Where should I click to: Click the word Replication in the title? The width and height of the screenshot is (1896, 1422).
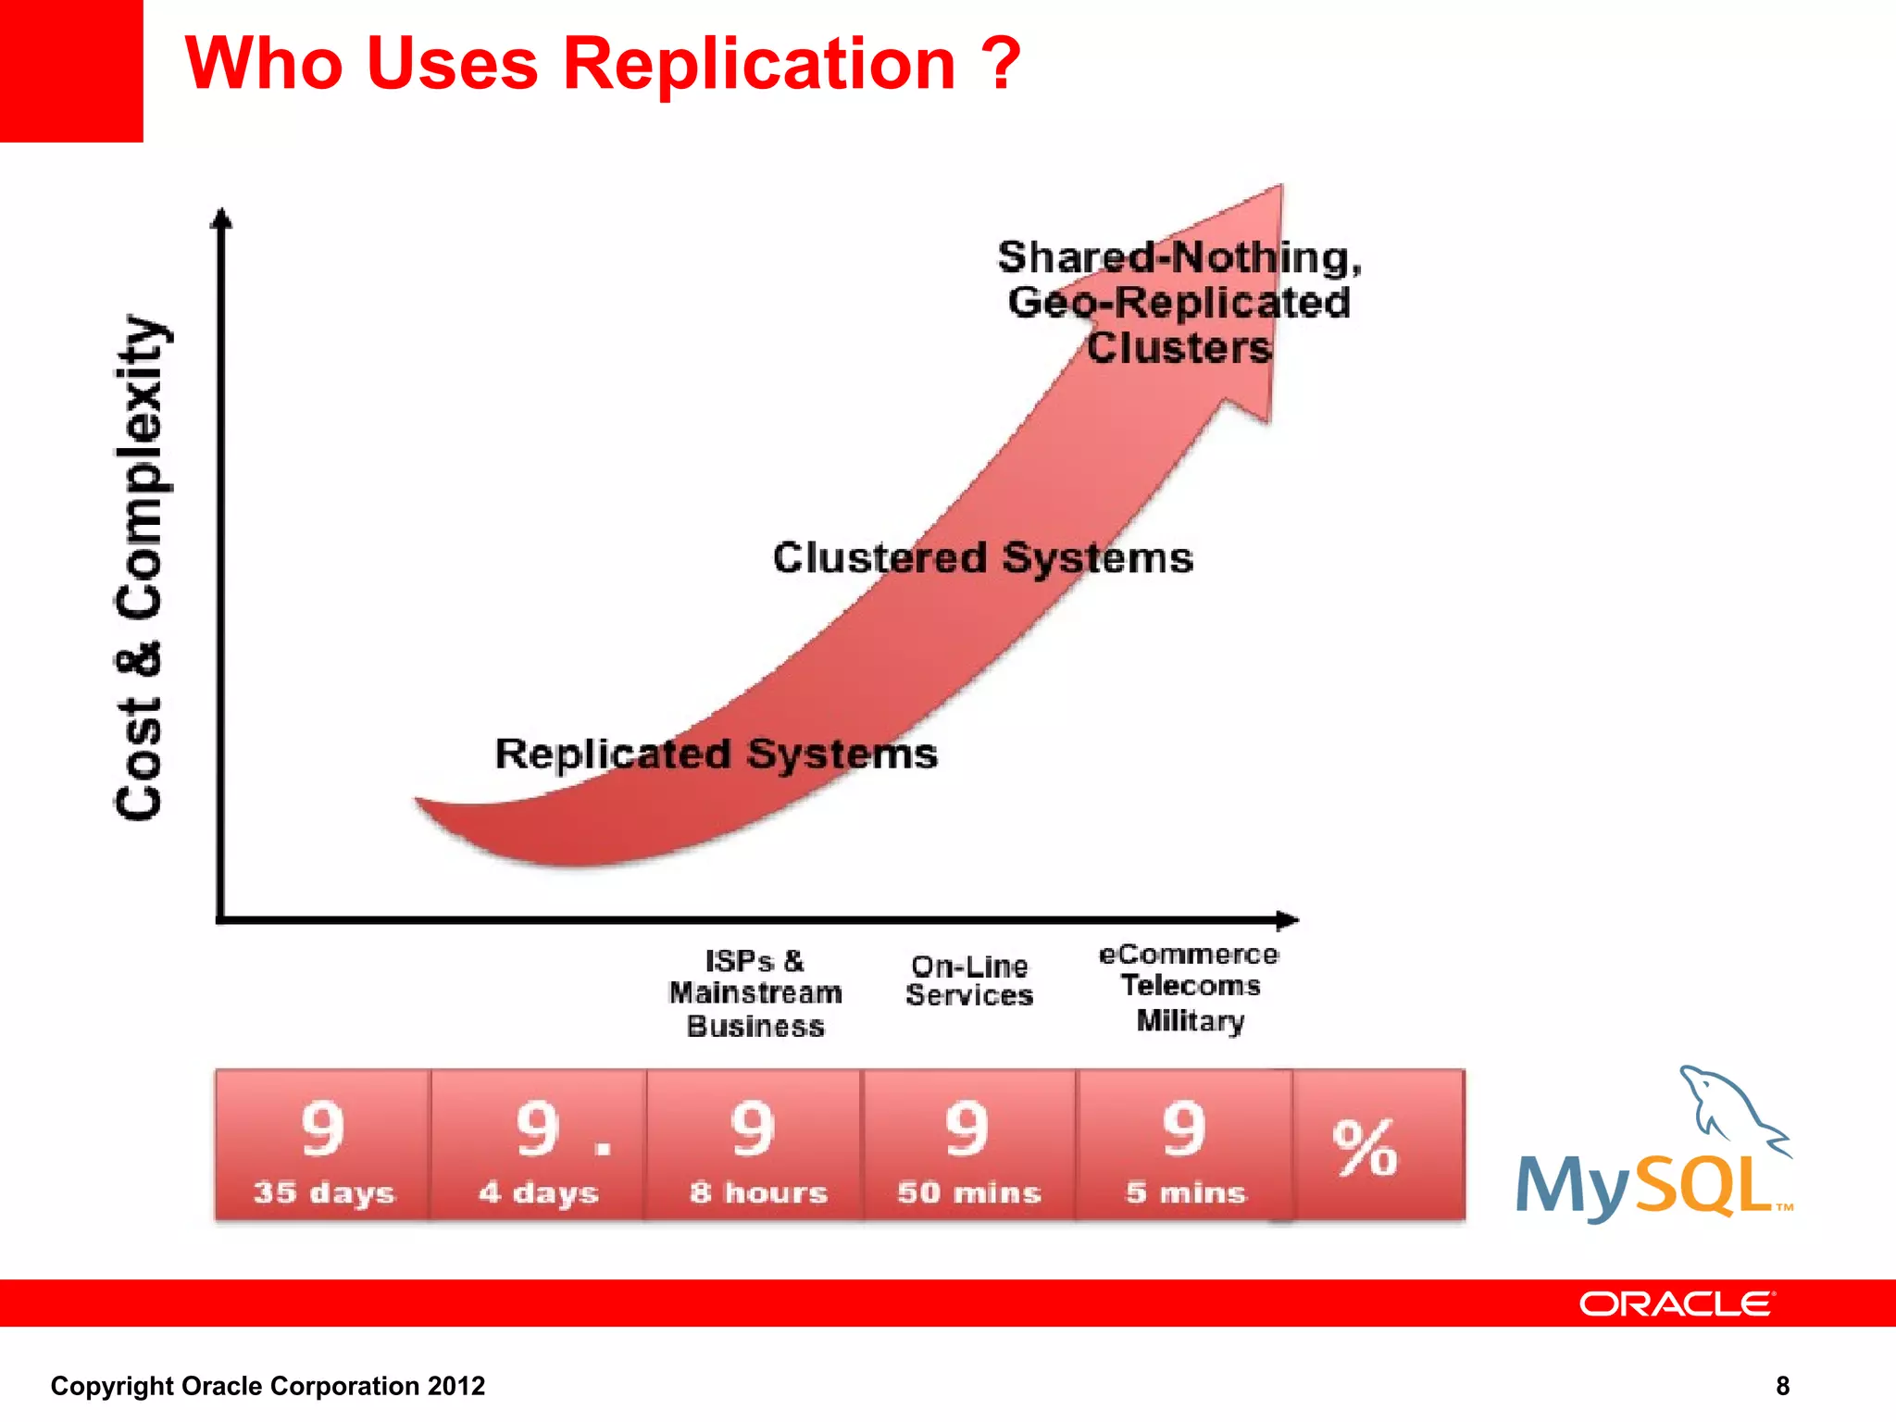coord(759,65)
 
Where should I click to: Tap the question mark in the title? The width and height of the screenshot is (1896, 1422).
coord(1001,65)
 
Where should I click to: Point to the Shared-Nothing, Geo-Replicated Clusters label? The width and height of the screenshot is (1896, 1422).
coord(1179,302)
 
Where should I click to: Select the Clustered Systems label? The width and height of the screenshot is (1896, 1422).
coord(982,557)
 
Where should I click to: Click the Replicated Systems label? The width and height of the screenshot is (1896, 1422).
coord(716,754)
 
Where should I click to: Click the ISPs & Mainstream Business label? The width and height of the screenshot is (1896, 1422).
coord(755,993)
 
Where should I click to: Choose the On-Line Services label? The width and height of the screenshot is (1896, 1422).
coord(969,980)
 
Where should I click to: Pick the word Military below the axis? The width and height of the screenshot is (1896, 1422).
coord(1191,1020)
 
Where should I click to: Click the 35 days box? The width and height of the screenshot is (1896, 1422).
coord(323,1145)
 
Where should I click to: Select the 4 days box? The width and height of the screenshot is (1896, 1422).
coord(539,1145)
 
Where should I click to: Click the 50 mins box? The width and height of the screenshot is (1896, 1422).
coord(969,1145)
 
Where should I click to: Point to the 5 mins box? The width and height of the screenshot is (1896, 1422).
coord(1185,1145)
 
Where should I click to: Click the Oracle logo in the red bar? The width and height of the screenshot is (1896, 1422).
coord(1676,1303)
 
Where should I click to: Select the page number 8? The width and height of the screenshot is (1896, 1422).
coord(1782,1386)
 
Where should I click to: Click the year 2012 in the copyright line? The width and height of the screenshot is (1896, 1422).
coord(456,1386)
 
